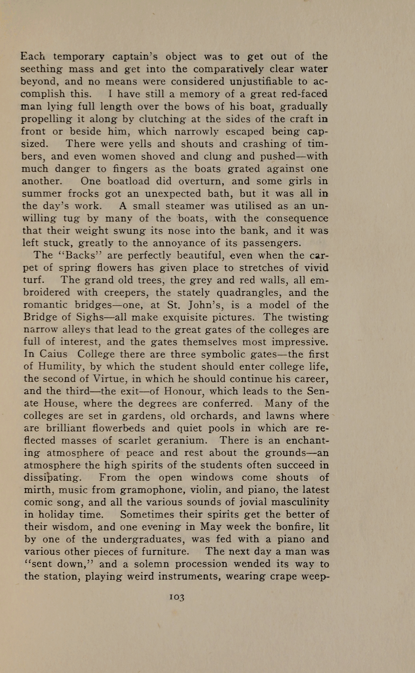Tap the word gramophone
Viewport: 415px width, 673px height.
tap(153, 490)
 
